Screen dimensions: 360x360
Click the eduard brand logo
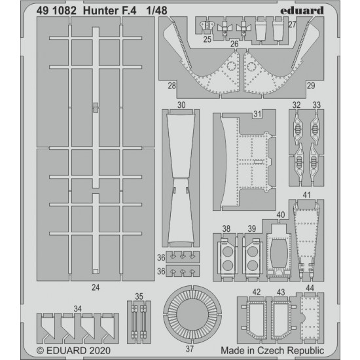pyautogui.click(x=302, y=10)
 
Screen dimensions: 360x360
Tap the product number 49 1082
pyautogui.click(x=56, y=10)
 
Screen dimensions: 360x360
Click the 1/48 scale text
pyautogui.click(x=157, y=10)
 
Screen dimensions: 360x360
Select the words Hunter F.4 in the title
pyautogui.click(x=109, y=10)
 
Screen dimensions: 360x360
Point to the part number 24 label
pyautogui.click(x=96, y=287)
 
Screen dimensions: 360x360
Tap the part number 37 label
pyautogui.click(x=190, y=349)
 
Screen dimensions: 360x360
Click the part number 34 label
pyautogui.click(x=78, y=309)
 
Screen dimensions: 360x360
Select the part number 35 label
pyautogui.click(x=139, y=297)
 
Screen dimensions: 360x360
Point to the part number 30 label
pyautogui.click(x=181, y=105)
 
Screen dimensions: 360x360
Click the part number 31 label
pyautogui.click(x=257, y=114)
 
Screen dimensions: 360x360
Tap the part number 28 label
pyautogui.click(x=171, y=86)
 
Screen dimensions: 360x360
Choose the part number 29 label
pyautogui.click(x=311, y=86)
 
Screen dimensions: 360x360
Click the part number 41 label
pyautogui.click(x=306, y=195)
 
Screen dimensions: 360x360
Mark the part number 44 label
pyautogui.click(x=310, y=288)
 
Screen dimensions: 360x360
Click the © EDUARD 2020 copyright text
pyautogui.click(x=73, y=351)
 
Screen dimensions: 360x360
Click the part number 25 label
pyautogui.click(x=207, y=39)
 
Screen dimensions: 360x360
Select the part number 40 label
pyautogui.click(x=281, y=215)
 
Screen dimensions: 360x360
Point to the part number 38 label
pyautogui.click(x=226, y=228)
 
